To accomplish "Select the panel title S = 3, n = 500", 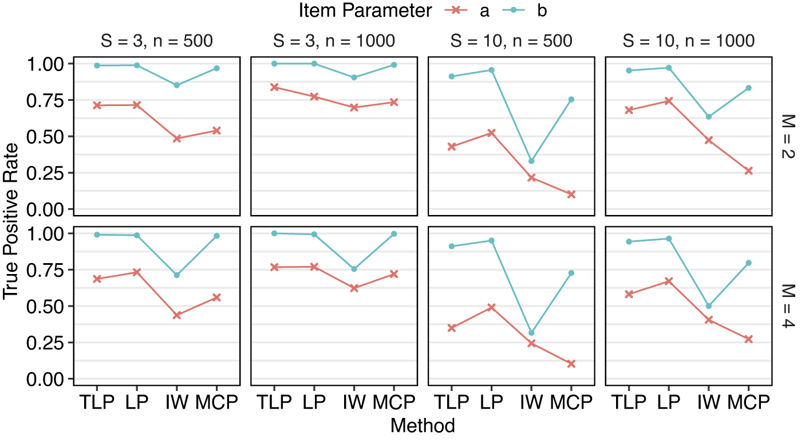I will pyautogui.click(x=153, y=41).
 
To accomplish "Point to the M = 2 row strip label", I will pyautogui.click(x=787, y=136).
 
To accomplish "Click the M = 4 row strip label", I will pyautogui.click(x=787, y=306).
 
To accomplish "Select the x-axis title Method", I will pyautogui.click(x=423, y=425).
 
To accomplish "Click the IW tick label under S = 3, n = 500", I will pyautogui.click(x=177, y=402).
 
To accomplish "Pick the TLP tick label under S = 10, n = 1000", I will pyautogui.click(x=629, y=402).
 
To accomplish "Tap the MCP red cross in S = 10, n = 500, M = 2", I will pyautogui.click(x=571, y=194).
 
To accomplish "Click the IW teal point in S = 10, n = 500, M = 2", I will pyautogui.click(x=531, y=161).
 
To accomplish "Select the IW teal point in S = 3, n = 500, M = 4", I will pyautogui.click(x=177, y=275).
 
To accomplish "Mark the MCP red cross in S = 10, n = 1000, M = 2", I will pyautogui.click(x=748, y=171).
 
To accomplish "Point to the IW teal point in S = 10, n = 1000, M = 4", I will pyautogui.click(x=709, y=306).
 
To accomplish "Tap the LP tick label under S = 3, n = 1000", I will pyautogui.click(x=314, y=402).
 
